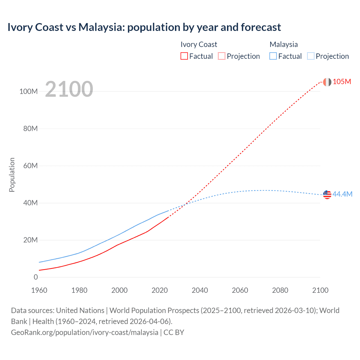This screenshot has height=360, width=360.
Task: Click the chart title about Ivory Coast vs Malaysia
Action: pyautogui.click(x=144, y=27)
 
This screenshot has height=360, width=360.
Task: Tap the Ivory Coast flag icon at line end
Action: pyautogui.click(x=327, y=82)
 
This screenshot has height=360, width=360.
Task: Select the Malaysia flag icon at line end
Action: pyautogui.click(x=327, y=194)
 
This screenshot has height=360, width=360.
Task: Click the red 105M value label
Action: pyautogui.click(x=342, y=82)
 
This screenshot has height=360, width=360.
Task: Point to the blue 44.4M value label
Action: pyautogui.click(x=342, y=194)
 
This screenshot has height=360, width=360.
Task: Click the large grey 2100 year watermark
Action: pyautogui.click(x=69, y=89)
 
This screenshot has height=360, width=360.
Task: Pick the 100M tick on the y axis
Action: pyautogui.click(x=28, y=91)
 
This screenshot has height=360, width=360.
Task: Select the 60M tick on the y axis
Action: pyautogui.click(x=30, y=166)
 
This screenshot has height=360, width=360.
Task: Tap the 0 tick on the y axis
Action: pyautogui.click(x=36, y=277)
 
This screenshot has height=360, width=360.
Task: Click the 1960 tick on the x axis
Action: pyautogui.click(x=39, y=290)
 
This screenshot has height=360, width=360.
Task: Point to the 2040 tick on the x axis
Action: pyautogui.click(x=200, y=290)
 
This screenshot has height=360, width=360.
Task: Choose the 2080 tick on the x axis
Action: pyautogui.click(x=280, y=290)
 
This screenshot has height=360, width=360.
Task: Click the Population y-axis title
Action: pyautogui.click(x=12, y=175)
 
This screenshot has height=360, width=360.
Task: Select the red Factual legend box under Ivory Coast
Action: pyautogui.click(x=184, y=56)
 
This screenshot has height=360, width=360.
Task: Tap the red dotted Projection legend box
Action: pyautogui.click(x=222, y=56)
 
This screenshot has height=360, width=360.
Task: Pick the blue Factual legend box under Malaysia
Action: pyautogui.click(x=273, y=56)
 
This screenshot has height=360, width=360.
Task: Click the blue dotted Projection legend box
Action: pyautogui.click(x=310, y=56)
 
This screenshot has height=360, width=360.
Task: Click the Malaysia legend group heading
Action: pyautogui.click(x=283, y=44)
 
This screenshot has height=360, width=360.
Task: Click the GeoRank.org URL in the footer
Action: pyautogui.click(x=85, y=332)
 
